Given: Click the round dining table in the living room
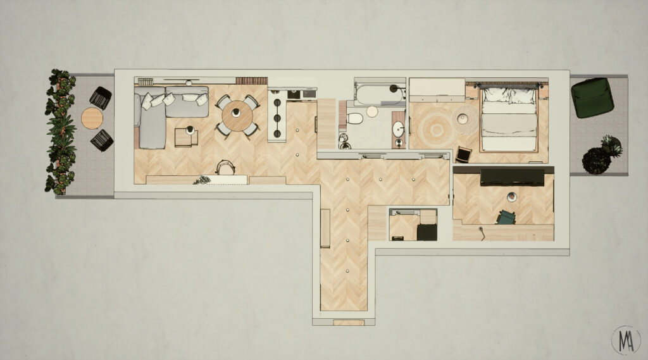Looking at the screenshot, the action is tap(237, 116).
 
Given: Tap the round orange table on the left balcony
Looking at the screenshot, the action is tap(92, 118).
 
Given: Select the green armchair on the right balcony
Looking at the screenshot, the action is tap(592, 97).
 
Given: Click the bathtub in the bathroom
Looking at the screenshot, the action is tap(380, 95).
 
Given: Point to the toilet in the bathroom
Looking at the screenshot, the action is tap(354, 118).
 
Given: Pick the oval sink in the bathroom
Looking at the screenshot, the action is tap(399, 129).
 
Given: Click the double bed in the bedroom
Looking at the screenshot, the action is tap(509, 119).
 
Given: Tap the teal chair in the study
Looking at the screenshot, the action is tap(506, 218).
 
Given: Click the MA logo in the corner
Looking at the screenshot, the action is tap(626, 340).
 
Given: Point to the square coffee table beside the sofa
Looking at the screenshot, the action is tap(185, 138).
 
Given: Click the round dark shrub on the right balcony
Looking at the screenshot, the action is tap(596, 161).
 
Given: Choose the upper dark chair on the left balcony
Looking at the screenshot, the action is tap(101, 97).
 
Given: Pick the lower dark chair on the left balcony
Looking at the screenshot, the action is tap(102, 140).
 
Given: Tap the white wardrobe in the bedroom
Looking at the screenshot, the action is tap(437, 90).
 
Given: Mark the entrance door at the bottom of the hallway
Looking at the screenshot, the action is tap(349, 323).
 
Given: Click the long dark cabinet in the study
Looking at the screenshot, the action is tap(511, 177).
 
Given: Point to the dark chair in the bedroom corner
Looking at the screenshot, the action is tap(463, 154).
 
